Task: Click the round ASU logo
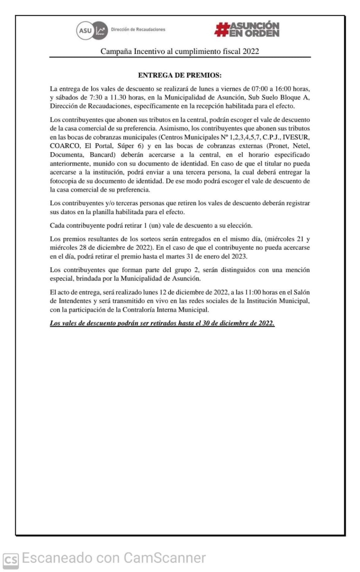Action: tap(85, 30)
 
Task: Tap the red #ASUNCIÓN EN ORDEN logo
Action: tap(247, 29)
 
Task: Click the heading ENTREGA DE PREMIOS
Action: tap(180, 75)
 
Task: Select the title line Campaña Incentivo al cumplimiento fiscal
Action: tap(180, 51)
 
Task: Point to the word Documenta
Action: tap(66, 155)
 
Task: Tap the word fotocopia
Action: tap(63, 181)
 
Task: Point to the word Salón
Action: tap(301, 292)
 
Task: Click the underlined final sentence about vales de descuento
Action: tap(162, 323)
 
